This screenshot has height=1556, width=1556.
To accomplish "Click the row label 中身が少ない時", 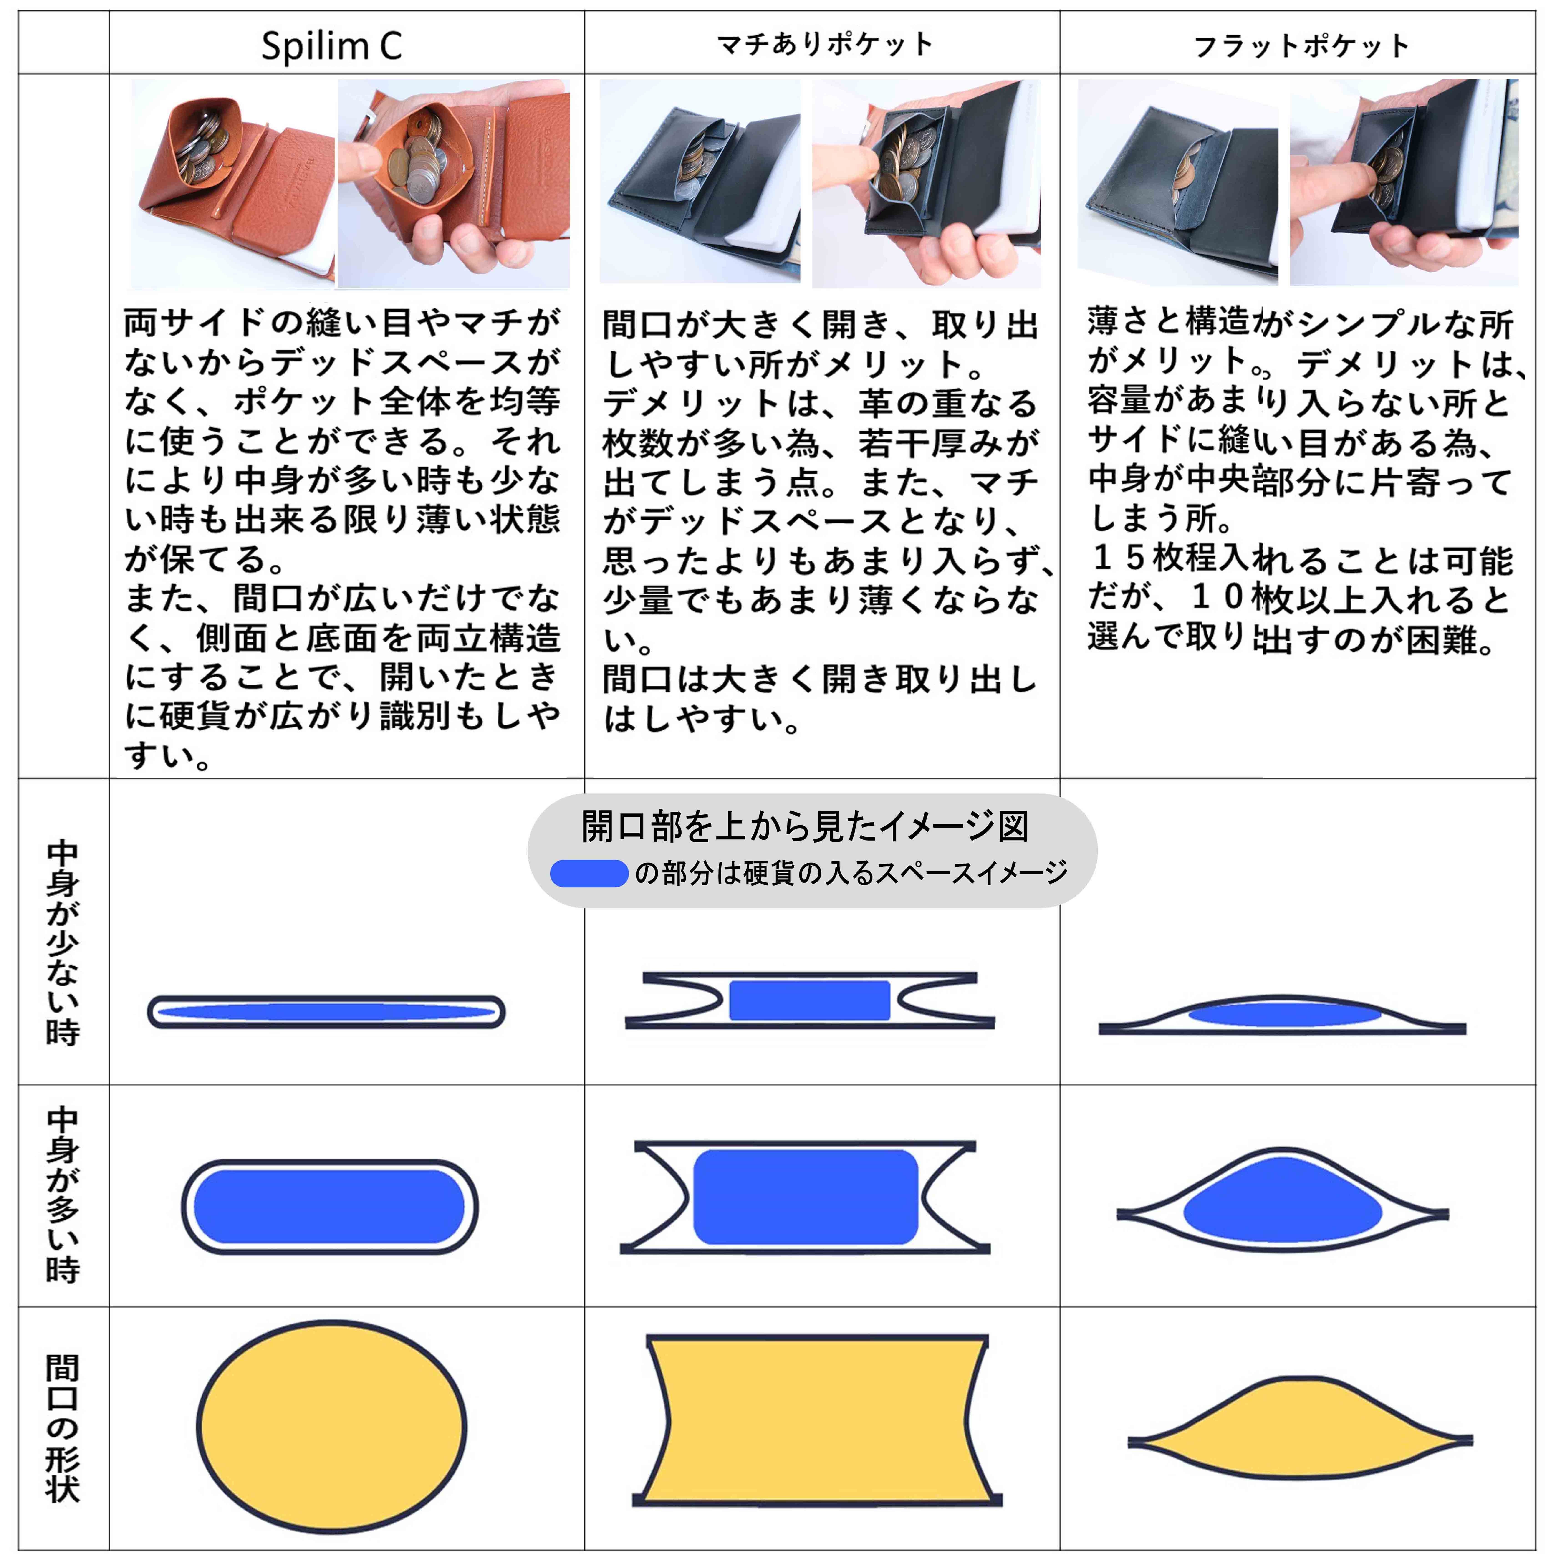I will coord(63,942).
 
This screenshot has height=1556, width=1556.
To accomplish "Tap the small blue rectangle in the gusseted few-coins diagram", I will coord(809,1001).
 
